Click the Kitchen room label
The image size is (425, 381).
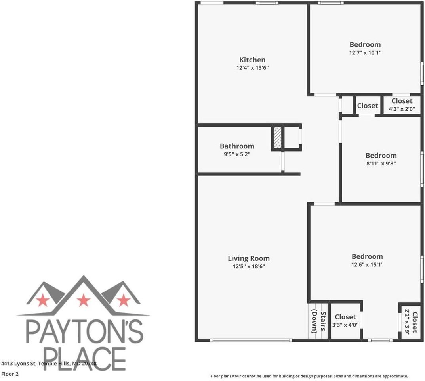tap(252, 60)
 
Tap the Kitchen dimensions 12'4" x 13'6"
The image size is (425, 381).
tap(252, 68)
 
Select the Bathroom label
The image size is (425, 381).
tap(237, 146)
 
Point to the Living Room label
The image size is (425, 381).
tap(249, 258)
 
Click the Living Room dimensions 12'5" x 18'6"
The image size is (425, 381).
tap(249, 266)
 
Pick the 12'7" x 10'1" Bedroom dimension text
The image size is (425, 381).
tap(365, 52)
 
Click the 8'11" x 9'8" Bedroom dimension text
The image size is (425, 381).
tap(381, 163)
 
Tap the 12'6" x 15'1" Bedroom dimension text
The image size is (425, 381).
tap(368, 264)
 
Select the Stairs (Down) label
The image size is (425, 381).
tap(319, 321)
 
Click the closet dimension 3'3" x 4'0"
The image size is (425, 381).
tap(345, 325)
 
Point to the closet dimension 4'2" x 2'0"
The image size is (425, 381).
tap(402, 109)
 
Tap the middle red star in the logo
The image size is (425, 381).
tap(84, 300)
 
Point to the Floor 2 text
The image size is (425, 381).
tap(10, 374)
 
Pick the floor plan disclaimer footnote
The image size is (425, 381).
tap(309, 376)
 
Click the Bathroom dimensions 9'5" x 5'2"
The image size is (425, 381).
tap(237, 154)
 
